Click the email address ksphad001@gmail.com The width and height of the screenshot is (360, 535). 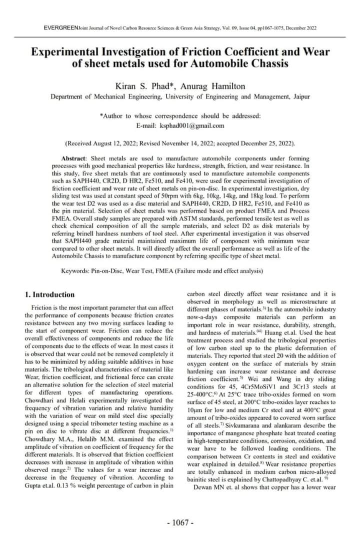pos(192,125)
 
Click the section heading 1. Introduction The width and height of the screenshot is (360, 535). pos(49,294)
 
